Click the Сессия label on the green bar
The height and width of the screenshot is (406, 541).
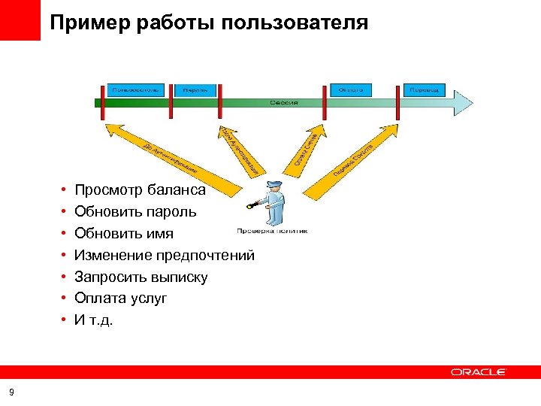click(x=284, y=103)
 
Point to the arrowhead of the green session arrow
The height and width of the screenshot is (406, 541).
click(x=463, y=103)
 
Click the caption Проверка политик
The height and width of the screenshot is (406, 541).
click(x=271, y=231)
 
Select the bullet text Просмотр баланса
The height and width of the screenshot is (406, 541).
click(x=140, y=191)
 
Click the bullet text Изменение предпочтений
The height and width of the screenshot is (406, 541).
click(x=165, y=256)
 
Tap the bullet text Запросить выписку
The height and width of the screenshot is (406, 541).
click(x=141, y=277)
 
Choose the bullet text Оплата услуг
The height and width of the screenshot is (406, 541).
click(x=121, y=298)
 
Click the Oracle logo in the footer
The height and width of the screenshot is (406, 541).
click(x=479, y=371)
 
